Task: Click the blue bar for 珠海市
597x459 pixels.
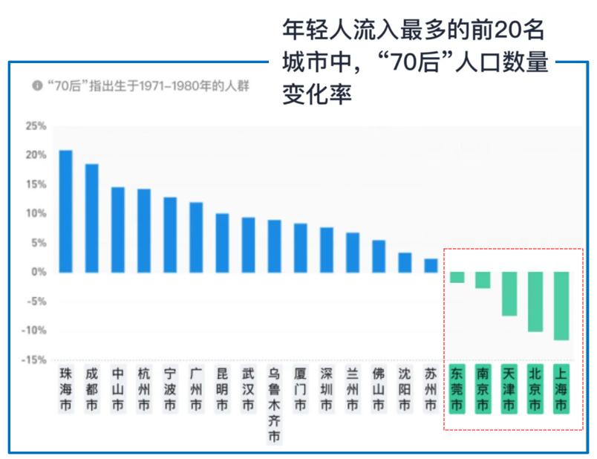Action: (66, 211)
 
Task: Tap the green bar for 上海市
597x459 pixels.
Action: (561, 306)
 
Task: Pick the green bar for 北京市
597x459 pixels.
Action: (535, 302)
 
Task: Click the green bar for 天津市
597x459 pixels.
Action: (509, 293)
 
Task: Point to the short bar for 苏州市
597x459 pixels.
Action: (431, 265)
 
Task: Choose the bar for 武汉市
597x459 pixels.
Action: (249, 244)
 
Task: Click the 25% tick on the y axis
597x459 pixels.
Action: (36, 126)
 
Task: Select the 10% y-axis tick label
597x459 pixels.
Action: (36, 214)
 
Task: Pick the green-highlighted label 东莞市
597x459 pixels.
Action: (457, 388)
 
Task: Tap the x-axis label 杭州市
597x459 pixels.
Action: (144, 388)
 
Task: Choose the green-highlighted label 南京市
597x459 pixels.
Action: (483, 388)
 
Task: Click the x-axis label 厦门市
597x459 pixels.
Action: (300, 388)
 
